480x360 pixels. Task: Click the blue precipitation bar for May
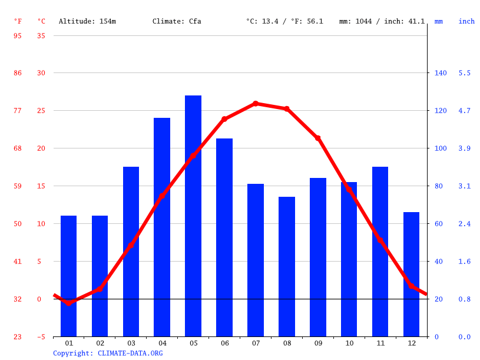click(x=193, y=216)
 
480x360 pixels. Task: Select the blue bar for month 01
click(x=68, y=276)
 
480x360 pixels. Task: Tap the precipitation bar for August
click(x=287, y=266)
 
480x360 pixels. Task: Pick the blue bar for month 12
click(x=411, y=274)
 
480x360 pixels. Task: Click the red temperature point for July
click(x=256, y=104)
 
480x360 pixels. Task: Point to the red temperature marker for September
click(x=318, y=138)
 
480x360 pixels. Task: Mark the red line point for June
click(x=224, y=119)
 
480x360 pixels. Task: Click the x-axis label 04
click(x=162, y=343)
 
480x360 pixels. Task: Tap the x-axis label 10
click(x=349, y=343)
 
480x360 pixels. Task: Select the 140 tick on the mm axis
click(x=441, y=73)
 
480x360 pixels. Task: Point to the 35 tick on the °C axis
click(x=41, y=35)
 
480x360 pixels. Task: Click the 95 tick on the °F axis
click(x=18, y=35)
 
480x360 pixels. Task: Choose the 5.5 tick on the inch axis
click(x=465, y=73)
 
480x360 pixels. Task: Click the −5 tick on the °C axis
click(x=41, y=337)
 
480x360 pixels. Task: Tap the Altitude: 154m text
click(x=87, y=21)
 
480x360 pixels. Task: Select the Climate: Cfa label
click(x=177, y=21)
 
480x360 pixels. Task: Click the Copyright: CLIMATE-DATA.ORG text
click(x=108, y=353)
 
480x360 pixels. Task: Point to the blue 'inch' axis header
click(x=466, y=21)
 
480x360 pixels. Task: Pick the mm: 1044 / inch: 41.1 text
click(x=382, y=21)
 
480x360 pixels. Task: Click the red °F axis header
click(x=18, y=21)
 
